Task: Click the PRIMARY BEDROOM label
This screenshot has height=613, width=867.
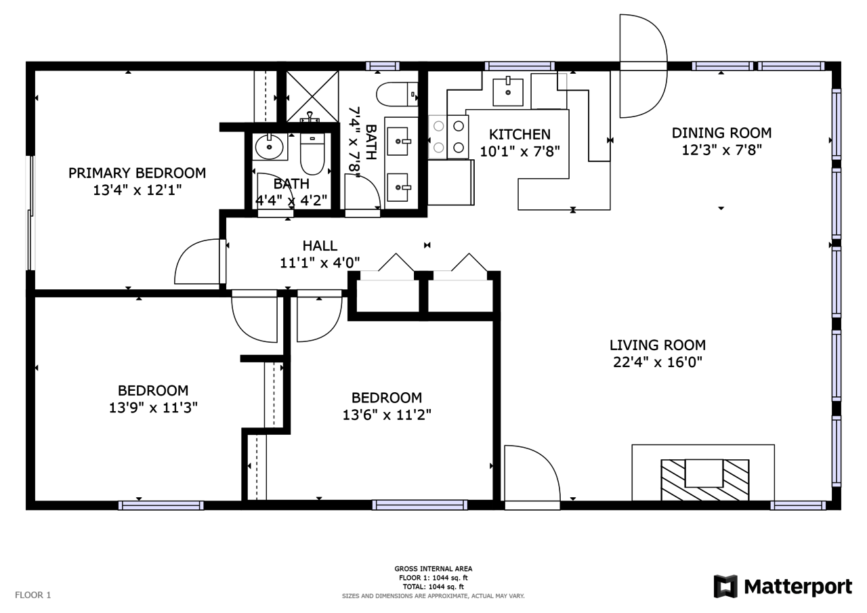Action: (x=137, y=173)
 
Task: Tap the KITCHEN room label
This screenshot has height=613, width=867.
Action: (x=520, y=134)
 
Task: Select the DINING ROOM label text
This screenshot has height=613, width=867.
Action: (x=721, y=133)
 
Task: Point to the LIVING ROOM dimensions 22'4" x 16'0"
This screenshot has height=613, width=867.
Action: (x=658, y=362)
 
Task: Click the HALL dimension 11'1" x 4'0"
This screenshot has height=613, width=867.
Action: (x=320, y=263)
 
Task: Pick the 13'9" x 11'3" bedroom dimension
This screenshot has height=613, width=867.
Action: (x=153, y=408)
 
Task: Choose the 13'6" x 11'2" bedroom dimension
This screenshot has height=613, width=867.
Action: (x=387, y=415)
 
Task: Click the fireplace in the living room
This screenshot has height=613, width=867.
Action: (x=705, y=480)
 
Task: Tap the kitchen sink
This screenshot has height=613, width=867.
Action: (x=508, y=91)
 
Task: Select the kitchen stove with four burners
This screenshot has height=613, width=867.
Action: (x=448, y=137)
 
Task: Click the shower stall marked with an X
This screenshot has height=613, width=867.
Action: (x=312, y=96)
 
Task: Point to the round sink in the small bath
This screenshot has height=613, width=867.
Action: (x=270, y=147)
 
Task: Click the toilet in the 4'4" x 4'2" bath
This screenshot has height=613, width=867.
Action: (x=312, y=154)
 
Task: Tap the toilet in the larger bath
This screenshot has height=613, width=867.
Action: (x=397, y=94)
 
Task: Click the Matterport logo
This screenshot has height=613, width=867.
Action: (x=782, y=587)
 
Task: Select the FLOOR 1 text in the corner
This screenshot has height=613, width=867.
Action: (x=33, y=595)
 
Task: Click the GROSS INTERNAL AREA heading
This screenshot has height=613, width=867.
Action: (x=433, y=569)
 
